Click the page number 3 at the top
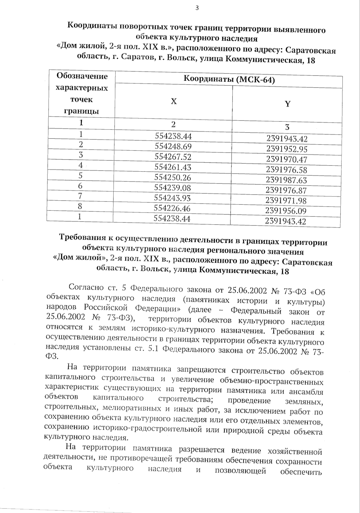[x=197, y=8]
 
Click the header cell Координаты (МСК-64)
[x=229, y=80]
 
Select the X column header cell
[x=174, y=101]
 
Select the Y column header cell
[x=287, y=104]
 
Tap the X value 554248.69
[x=173, y=147]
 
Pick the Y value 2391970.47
[x=286, y=160]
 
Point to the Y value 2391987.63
[x=286, y=180]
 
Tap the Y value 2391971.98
[x=286, y=201]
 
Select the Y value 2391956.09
[x=286, y=211]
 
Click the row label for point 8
[x=80, y=206]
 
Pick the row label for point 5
[x=80, y=175]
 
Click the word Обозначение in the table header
[x=82, y=76]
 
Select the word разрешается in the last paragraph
[x=202, y=449]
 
